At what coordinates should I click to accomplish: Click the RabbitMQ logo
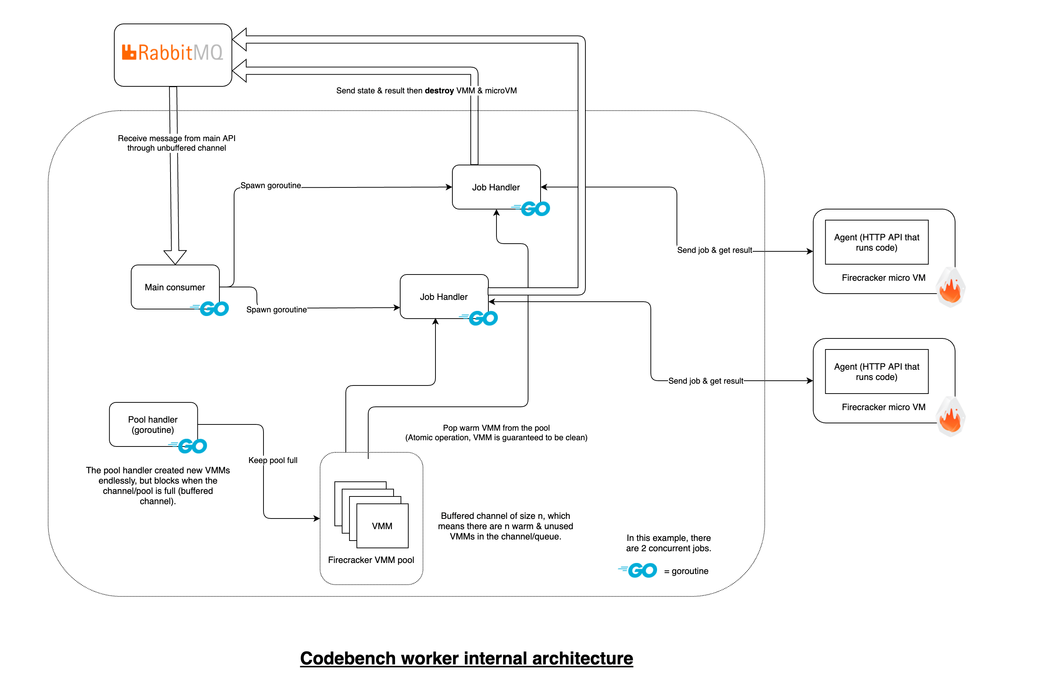click(x=172, y=53)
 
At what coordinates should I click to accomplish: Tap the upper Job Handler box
click(x=495, y=187)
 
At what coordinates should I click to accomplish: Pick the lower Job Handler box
click(x=444, y=296)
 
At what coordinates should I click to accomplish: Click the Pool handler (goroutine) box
click(x=153, y=424)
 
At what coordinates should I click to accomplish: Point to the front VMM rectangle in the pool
click(x=382, y=525)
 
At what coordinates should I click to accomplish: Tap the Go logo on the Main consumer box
click(x=209, y=308)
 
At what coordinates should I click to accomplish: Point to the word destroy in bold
click(x=438, y=90)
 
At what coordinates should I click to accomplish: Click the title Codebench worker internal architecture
click(x=466, y=658)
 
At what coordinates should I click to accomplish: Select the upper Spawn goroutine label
click(x=270, y=185)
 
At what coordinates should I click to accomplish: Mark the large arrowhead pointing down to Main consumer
click(x=175, y=256)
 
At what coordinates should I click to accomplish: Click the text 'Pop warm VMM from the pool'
click(x=496, y=427)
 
